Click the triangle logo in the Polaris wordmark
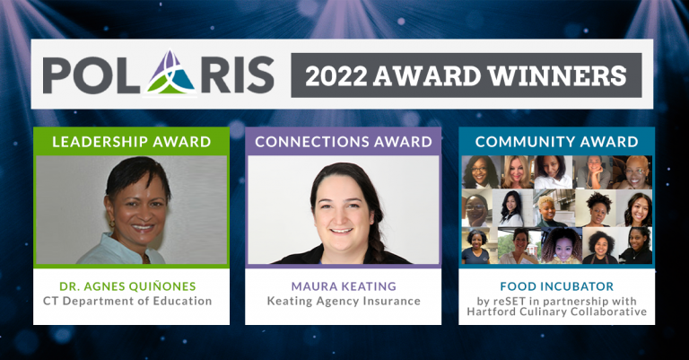coord(170,72)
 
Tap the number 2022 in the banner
coord(336,75)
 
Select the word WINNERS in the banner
coord(557,75)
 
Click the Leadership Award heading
coord(131,142)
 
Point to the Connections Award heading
coord(344,142)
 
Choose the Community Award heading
coord(557,142)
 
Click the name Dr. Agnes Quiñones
coord(128,286)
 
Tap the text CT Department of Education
coord(127,301)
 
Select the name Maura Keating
coord(344,286)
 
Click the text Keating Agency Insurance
coord(344,302)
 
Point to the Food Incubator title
coord(557,286)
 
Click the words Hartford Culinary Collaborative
coord(557,312)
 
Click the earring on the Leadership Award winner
coord(111,224)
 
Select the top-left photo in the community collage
coord(480,172)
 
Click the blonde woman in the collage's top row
coord(517,172)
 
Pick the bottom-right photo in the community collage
coord(635,245)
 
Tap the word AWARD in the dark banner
coord(427,75)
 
